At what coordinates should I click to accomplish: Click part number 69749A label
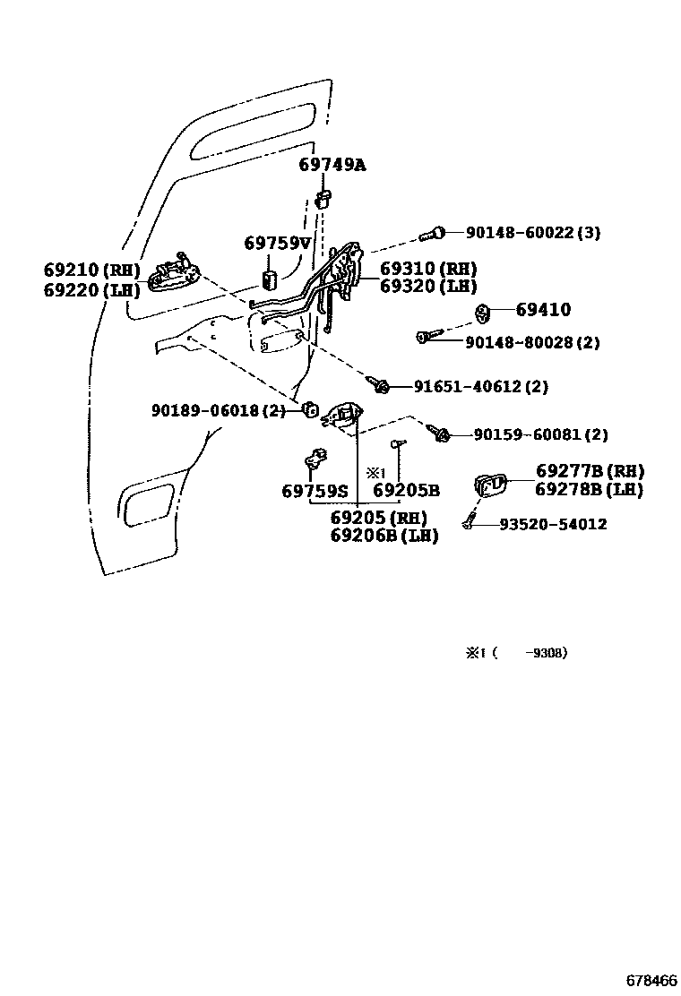coord(332,166)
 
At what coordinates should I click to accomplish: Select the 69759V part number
coord(277,243)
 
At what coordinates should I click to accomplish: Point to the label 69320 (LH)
coord(427,287)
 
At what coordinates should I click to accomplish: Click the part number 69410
coord(543,310)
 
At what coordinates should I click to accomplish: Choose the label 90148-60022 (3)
coord(532,233)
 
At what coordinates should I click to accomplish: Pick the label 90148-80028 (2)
coord(532,342)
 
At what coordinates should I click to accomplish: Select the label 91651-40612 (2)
coord(480,387)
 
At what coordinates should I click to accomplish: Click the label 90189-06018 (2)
coord(218,410)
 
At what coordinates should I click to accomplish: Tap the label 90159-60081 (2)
coord(540,434)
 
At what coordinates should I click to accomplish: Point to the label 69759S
coord(314,491)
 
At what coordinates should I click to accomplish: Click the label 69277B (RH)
coord(590,471)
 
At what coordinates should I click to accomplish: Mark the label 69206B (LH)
coord(384,537)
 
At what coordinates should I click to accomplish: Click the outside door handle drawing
coord(172,274)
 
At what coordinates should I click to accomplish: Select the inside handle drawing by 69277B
coord(490,485)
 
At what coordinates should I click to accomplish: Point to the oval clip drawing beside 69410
coord(481,313)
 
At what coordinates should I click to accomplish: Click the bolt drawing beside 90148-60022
coord(432,236)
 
